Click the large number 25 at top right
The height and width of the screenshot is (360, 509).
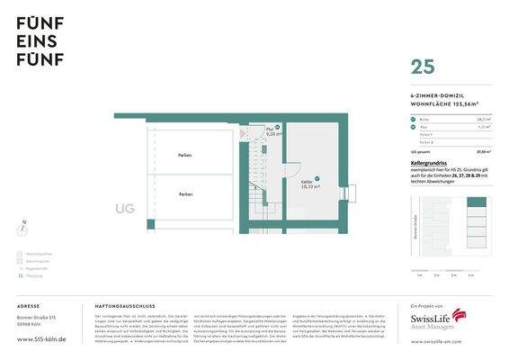(x=424, y=67)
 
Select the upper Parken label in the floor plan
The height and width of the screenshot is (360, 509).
(x=184, y=156)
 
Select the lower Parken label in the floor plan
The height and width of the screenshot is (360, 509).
(x=185, y=193)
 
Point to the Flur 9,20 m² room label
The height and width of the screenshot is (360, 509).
(x=271, y=130)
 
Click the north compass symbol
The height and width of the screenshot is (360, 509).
(x=24, y=226)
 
